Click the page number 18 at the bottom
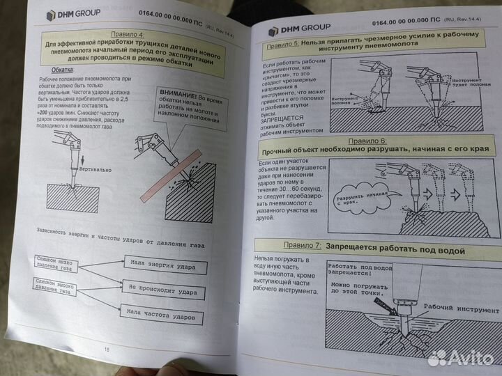tap(107, 350)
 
